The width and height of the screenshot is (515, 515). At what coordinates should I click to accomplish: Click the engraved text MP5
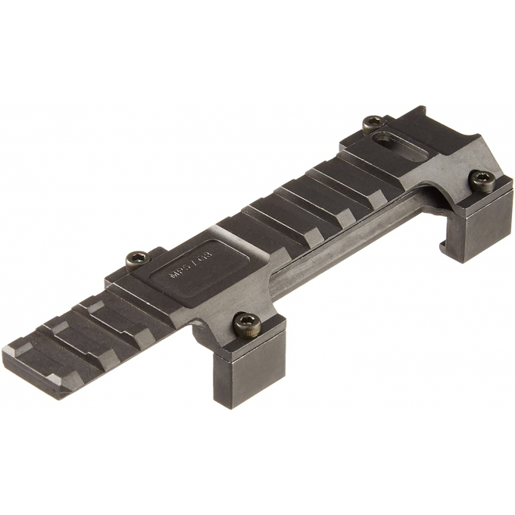tap(181, 273)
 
